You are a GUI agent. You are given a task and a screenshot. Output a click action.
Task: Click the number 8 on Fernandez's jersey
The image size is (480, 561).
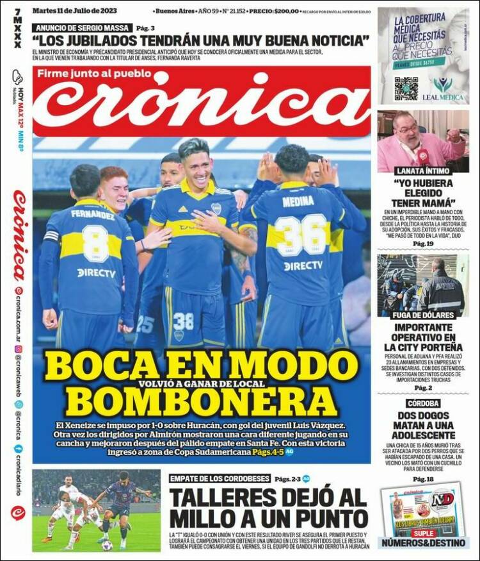click(95, 244)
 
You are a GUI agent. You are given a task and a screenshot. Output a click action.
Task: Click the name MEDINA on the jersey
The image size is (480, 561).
click(298, 202)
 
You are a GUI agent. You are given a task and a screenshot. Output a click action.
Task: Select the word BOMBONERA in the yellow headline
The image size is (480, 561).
click(201, 401)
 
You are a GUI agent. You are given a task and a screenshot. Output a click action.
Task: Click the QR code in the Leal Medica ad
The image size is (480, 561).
click(406, 88)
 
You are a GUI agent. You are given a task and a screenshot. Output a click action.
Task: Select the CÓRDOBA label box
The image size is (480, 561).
click(422, 403)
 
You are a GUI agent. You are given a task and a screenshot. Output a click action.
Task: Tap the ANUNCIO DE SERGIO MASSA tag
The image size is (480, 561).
click(83, 28)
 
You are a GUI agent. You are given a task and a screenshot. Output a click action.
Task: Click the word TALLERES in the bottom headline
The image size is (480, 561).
click(225, 498)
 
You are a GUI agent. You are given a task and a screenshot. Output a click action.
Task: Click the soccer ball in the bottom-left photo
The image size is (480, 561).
click(107, 544)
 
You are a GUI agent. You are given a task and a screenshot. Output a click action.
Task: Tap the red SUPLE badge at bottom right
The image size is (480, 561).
click(423, 533)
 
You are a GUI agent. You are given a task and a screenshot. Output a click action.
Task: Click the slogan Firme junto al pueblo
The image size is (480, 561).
click(94, 72)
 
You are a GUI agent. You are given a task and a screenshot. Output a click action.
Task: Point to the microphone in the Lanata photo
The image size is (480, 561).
click(423, 156)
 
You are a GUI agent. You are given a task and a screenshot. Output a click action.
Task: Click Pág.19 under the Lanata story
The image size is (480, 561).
click(422, 244)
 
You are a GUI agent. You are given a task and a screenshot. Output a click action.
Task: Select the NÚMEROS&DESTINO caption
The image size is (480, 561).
click(422, 543)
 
